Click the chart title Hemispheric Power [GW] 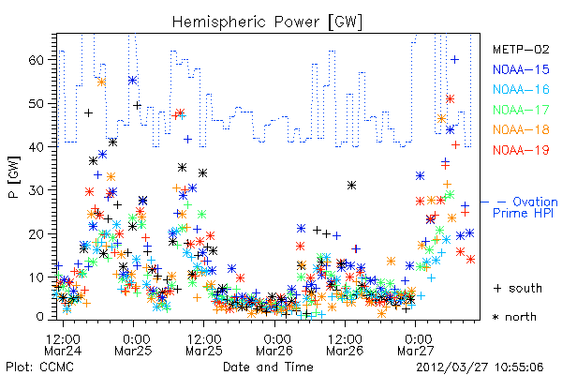click(267, 22)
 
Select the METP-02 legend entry click(521, 49)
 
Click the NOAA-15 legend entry click(521, 69)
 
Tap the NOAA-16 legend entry click(521, 89)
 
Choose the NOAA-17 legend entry click(521, 110)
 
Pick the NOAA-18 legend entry click(521, 129)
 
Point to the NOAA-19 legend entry click(521, 150)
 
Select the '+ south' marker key click(518, 288)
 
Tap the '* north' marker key click(514, 317)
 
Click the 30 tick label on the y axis click(36, 189)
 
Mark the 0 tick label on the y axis click(40, 317)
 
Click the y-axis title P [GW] click(14, 177)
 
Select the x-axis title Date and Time click(268, 367)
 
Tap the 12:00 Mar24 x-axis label click(63, 344)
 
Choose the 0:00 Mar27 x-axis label click(416, 344)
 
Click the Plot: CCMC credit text click(39, 367)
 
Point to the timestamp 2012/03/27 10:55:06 click(480, 367)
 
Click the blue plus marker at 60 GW click(454, 59)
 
